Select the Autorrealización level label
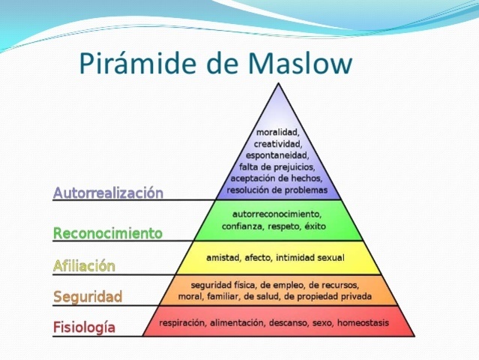[108, 193]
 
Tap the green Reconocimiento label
[107, 233]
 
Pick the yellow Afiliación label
[84, 265]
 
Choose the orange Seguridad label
[87, 297]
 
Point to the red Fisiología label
[84, 327]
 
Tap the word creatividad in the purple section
[277, 143]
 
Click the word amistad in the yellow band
[225, 258]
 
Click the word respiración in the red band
[184, 322]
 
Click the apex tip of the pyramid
[278, 83]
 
